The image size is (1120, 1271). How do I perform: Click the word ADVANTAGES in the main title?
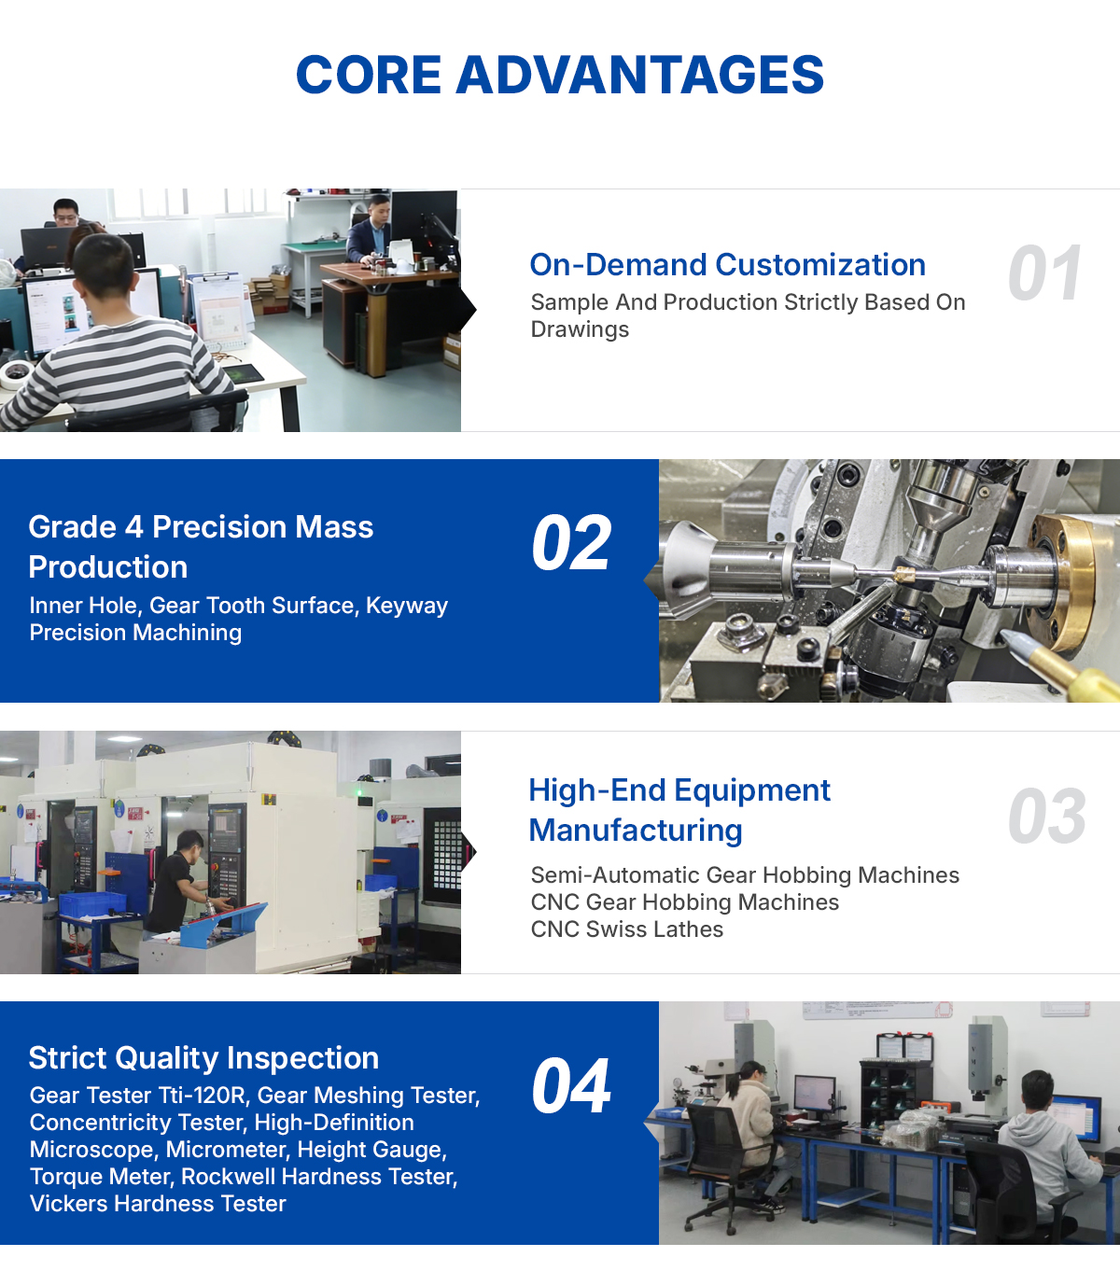(x=639, y=75)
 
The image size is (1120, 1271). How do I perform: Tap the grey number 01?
(x=1044, y=273)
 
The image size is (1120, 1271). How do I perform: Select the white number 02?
(x=571, y=543)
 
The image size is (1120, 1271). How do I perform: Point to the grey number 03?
(x=1046, y=817)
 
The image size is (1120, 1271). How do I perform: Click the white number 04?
(x=571, y=1086)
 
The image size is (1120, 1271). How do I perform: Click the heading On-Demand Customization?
(x=727, y=265)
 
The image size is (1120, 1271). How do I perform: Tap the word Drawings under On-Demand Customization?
(x=580, y=330)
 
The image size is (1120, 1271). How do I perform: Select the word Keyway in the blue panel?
(x=407, y=606)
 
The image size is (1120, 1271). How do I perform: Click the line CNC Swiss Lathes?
(x=627, y=929)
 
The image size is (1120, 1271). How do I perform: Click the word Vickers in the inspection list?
(x=68, y=1204)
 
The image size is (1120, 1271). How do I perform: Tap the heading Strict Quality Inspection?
(x=203, y=1058)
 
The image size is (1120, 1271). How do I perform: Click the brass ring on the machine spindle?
(x=1070, y=575)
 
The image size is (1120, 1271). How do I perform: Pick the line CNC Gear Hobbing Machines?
(x=684, y=902)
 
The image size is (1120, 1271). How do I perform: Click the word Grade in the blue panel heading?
(x=73, y=527)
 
